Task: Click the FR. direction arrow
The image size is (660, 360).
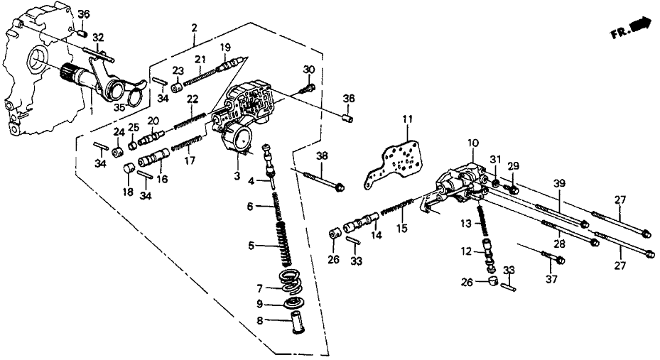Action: point(639,27)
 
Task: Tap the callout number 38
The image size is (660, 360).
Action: point(322,156)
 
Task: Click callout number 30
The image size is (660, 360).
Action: point(308,69)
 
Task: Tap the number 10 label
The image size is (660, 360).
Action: point(470,144)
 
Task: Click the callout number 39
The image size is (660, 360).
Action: point(561,184)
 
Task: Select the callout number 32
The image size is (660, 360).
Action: point(98,37)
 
